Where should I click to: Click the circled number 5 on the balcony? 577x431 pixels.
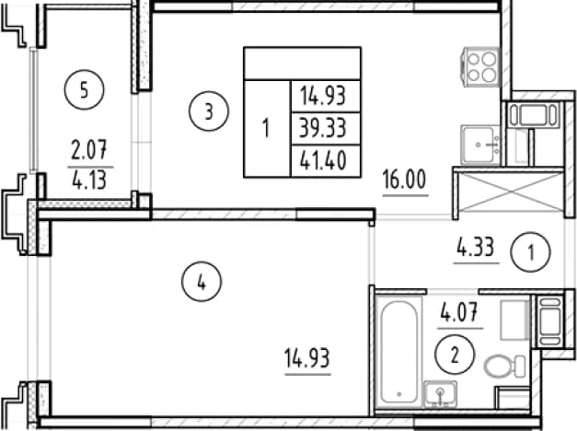click(85, 89)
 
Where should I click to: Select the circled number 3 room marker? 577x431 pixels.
click(209, 111)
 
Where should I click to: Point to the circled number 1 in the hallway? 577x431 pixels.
click(530, 252)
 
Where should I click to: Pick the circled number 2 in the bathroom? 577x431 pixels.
click(455, 355)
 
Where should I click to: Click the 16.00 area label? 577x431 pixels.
click(404, 179)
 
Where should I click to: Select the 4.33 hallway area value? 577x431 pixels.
click(476, 247)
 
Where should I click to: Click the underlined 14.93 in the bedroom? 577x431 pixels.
click(307, 358)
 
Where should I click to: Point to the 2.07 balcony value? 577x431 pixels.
click(89, 150)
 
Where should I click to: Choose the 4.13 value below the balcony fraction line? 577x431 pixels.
click(89, 181)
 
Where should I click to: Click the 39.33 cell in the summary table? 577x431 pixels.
click(323, 128)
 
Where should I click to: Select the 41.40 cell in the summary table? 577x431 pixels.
click(323, 160)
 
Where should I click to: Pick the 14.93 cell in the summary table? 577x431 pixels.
click(323, 96)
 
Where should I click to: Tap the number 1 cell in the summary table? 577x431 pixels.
click(266, 128)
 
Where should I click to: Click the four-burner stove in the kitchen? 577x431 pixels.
click(480, 67)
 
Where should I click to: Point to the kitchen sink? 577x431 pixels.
click(479, 145)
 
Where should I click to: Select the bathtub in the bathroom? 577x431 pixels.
click(398, 353)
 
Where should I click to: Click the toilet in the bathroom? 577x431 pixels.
click(504, 367)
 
